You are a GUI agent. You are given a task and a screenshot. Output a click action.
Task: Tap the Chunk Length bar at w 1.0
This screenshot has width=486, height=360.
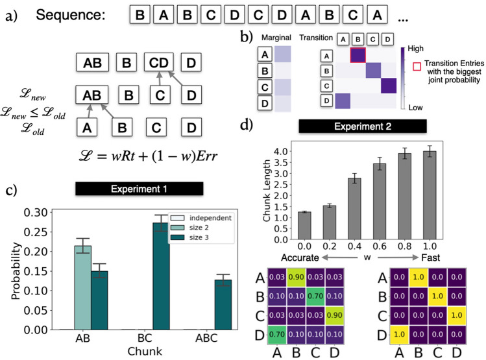[447, 195]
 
